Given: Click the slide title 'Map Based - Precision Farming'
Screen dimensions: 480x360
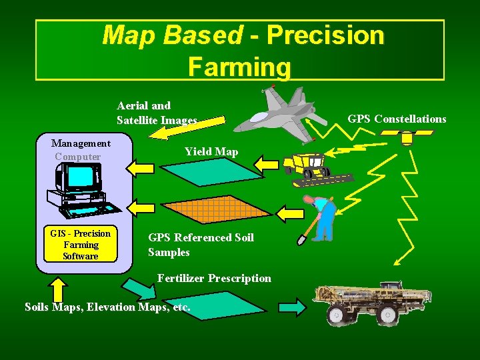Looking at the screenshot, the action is (x=240, y=50).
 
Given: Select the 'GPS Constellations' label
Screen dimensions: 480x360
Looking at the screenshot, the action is (x=397, y=119).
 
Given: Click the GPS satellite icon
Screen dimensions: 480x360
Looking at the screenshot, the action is (x=406, y=137).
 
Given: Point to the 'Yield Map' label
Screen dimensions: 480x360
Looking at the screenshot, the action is (x=211, y=152).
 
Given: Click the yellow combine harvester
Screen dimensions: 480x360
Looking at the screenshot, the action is (x=311, y=167).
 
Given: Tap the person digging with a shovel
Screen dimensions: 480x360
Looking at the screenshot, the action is (x=321, y=217).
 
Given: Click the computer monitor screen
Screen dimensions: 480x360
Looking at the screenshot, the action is (x=80, y=177).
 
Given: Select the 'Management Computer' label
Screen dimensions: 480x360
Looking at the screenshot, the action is (x=81, y=149).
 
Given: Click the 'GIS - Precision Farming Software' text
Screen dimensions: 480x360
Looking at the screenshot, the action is (x=80, y=245).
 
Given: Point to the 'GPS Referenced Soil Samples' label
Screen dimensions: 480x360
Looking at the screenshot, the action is (x=201, y=245).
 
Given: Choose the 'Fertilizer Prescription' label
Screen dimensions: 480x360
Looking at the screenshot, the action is (x=214, y=278).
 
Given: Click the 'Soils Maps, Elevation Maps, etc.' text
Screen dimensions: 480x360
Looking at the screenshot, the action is (x=107, y=307).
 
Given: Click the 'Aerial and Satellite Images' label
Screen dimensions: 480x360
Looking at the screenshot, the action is (x=157, y=113).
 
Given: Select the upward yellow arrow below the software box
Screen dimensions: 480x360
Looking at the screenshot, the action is (x=59, y=289).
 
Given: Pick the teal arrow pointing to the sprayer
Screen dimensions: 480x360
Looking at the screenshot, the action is (x=292, y=307).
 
